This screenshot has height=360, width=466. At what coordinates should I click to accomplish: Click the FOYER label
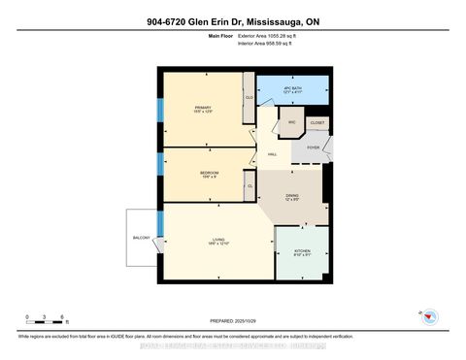(x=313, y=147)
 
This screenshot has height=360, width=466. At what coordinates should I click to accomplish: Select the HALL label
(x=274, y=154)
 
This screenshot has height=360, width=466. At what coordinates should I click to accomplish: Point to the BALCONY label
(x=141, y=236)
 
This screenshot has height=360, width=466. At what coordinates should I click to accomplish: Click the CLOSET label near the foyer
(x=316, y=123)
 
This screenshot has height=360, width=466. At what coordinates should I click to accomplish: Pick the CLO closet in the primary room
(x=250, y=98)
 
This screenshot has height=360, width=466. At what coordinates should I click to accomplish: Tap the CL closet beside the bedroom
(x=250, y=185)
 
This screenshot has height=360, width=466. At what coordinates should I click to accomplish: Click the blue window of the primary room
(x=160, y=109)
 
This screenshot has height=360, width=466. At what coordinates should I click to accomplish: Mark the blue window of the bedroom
(x=160, y=169)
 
